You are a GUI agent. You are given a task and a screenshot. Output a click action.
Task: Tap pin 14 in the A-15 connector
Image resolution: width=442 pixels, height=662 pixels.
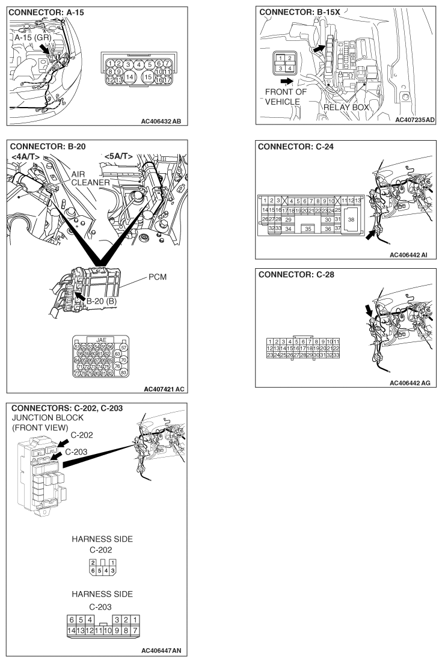tap(130, 76)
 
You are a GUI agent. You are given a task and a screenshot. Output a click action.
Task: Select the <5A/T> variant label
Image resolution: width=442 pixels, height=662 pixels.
tap(118, 158)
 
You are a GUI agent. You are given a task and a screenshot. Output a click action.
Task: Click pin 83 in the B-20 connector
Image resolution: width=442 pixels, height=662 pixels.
tap(124, 373)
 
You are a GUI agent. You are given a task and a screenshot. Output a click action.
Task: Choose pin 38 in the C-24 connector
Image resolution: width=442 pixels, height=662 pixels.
tap(351, 220)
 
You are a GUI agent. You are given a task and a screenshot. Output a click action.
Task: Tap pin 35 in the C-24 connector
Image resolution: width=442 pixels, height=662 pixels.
tap(308, 228)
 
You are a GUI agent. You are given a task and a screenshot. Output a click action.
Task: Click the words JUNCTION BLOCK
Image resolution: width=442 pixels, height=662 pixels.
tap(44, 417)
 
